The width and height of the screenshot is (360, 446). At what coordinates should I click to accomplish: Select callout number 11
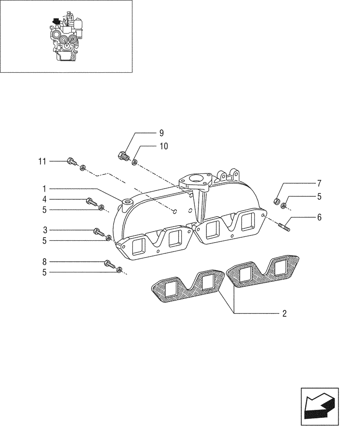(42, 161)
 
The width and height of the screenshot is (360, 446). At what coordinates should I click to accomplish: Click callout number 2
(284, 314)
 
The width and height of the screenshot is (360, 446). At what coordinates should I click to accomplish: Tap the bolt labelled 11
(70, 161)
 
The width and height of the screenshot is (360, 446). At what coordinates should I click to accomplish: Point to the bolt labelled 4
(90, 202)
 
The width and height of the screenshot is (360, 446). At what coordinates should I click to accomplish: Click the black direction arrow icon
(319, 403)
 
